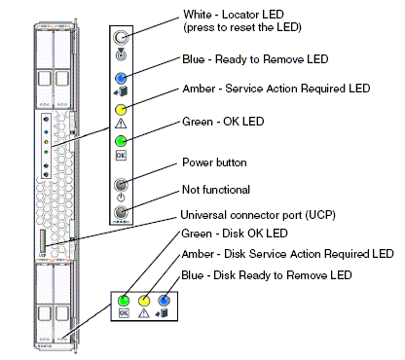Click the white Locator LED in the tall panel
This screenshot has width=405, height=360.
click(x=121, y=38)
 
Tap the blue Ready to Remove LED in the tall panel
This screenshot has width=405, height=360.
click(x=121, y=78)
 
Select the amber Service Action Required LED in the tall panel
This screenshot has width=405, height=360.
click(x=121, y=110)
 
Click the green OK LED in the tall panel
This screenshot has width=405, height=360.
click(x=121, y=141)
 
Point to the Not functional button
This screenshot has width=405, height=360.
click(x=121, y=213)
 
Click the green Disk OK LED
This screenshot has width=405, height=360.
click(x=124, y=301)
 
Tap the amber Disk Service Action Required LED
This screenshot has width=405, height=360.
click(x=144, y=301)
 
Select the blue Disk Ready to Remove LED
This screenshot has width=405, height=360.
click(x=164, y=301)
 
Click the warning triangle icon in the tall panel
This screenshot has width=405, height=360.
click(x=121, y=124)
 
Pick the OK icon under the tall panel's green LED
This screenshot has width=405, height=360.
click(x=121, y=156)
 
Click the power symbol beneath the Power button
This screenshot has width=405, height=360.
click(x=121, y=198)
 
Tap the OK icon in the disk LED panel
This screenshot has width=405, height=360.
click(x=124, y=313)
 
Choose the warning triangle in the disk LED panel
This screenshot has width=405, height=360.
click(x=144, y=313)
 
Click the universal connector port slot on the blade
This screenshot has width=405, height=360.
click(x=43, y=240)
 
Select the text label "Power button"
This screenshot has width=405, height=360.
click(x=214, y=162)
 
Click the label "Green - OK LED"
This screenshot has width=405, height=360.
click(x=223, y=122)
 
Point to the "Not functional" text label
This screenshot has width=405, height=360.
click(x=216, y=190)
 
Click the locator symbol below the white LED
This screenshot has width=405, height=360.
click(x=121, y=54)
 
